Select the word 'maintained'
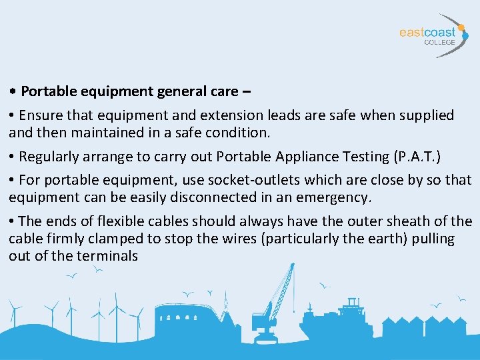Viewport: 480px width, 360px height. [x=99, y=132]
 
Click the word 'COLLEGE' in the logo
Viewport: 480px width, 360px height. [x=440, y=42]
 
